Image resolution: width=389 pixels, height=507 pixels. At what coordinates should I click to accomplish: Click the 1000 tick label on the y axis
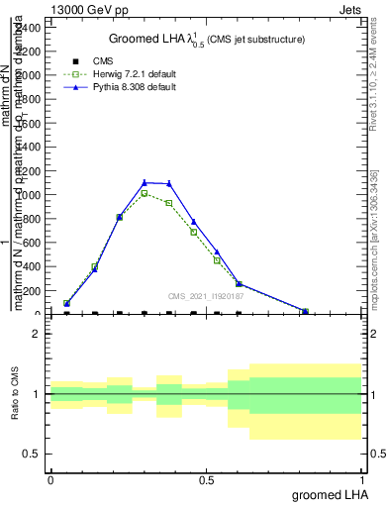click(31, 195)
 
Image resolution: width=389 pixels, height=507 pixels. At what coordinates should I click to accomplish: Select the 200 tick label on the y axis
click(34, 291)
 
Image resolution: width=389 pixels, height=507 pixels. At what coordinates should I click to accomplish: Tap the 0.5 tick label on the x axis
click(206, 479)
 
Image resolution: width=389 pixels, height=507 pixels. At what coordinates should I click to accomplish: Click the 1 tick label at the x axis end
click(361, 479)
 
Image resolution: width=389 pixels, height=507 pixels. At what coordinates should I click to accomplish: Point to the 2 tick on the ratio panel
click(36, 335)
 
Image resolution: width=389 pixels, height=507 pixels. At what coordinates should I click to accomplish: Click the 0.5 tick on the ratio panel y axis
click(32, 455)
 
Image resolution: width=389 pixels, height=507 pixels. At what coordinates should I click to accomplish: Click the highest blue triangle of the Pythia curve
click(145, 182)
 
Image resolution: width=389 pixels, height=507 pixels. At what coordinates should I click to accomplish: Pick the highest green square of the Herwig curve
click(145, 193)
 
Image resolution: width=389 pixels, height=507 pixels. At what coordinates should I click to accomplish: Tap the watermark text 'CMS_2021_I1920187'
click(206, 296)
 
